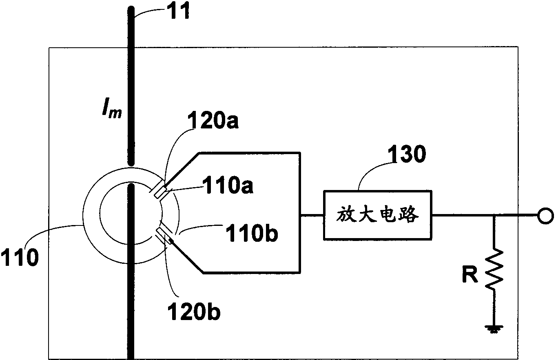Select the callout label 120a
tap(213, 120)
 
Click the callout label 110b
tap(252, 233)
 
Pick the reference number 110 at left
tap(20, 258)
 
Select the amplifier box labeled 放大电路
tap(378, 215)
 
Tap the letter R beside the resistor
tap(470, 275)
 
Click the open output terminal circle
tap(545, 216)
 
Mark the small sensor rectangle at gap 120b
tap(164, 236)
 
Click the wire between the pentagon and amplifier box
tap(312, 215)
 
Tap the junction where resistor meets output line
tap(494, 216)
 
